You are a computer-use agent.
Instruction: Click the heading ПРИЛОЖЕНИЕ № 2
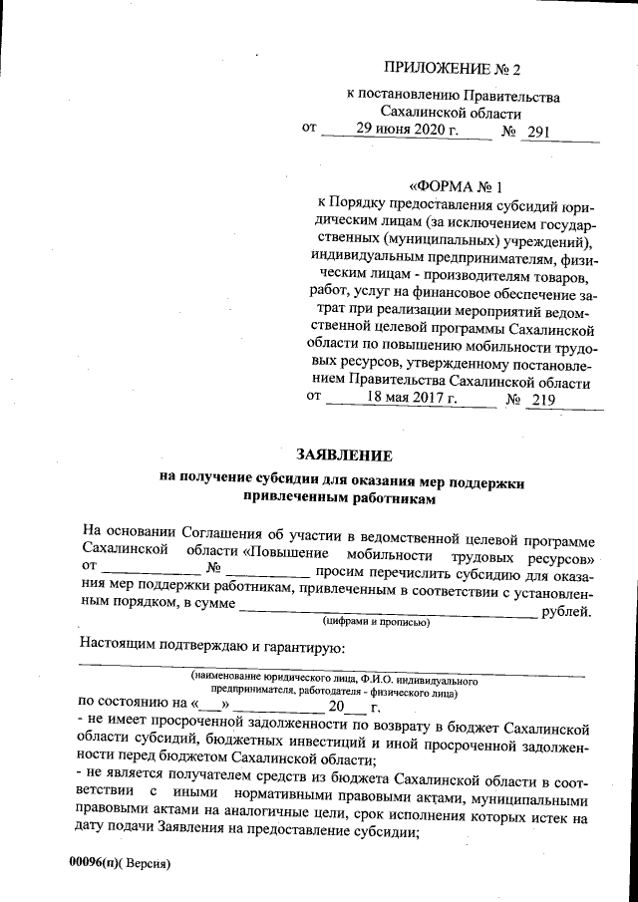pyautogui.click(x=453, y=70)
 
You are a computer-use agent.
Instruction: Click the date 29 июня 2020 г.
pyautogui.click(x=409, y=131)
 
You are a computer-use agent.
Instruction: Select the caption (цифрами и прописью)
pyautogui.click(x=375, y=622)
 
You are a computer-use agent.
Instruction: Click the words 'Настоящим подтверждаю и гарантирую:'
pyautogui.click(x=210, y=645)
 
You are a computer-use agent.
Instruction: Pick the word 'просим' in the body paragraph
pyautogui.click(x=339, y=573)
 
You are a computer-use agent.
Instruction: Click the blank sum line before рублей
pyautogui.click(x=388, y=611)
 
